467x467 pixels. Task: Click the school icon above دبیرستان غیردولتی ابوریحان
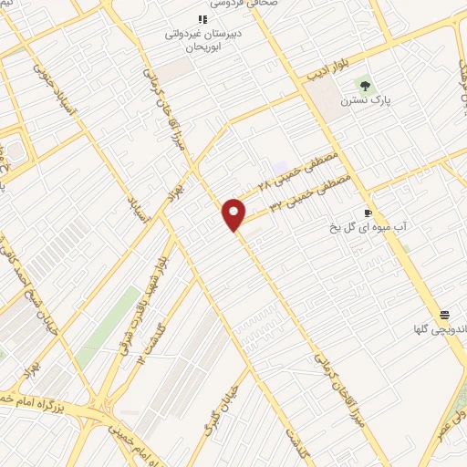[202, 19]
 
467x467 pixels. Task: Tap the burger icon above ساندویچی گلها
[442, 312]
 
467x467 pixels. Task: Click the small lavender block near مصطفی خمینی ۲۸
[276, 168]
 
